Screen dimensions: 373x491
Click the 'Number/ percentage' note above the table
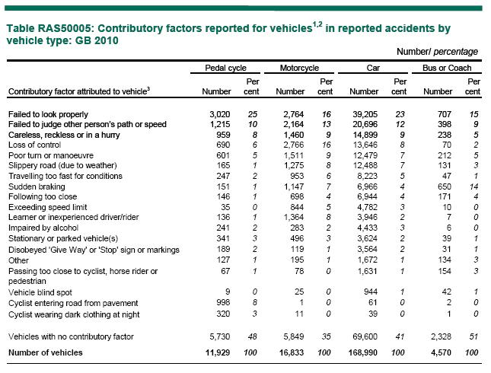click(x=438, y=51)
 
